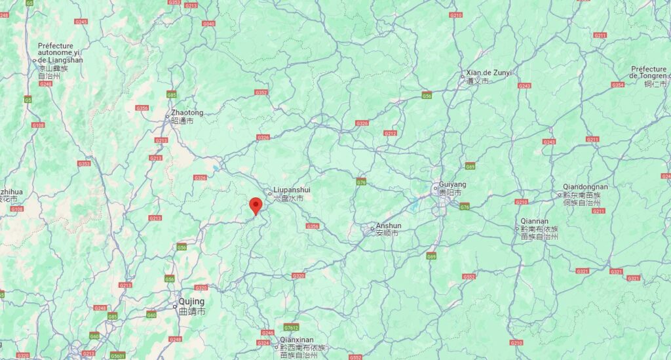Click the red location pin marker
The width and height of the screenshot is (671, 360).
pos(256,205)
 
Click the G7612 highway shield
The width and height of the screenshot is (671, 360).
pos(292,327)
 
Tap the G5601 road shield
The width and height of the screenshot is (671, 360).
pos(118,355)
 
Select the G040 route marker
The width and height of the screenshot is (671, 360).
pos(209,24)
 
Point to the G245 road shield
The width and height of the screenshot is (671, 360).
pos(81,22)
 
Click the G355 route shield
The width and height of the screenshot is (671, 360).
pos(142,108)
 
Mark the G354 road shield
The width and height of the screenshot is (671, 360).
pos(617,85)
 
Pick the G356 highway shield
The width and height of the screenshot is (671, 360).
pos(313,226)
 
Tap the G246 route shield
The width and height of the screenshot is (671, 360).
pos(267,332)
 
